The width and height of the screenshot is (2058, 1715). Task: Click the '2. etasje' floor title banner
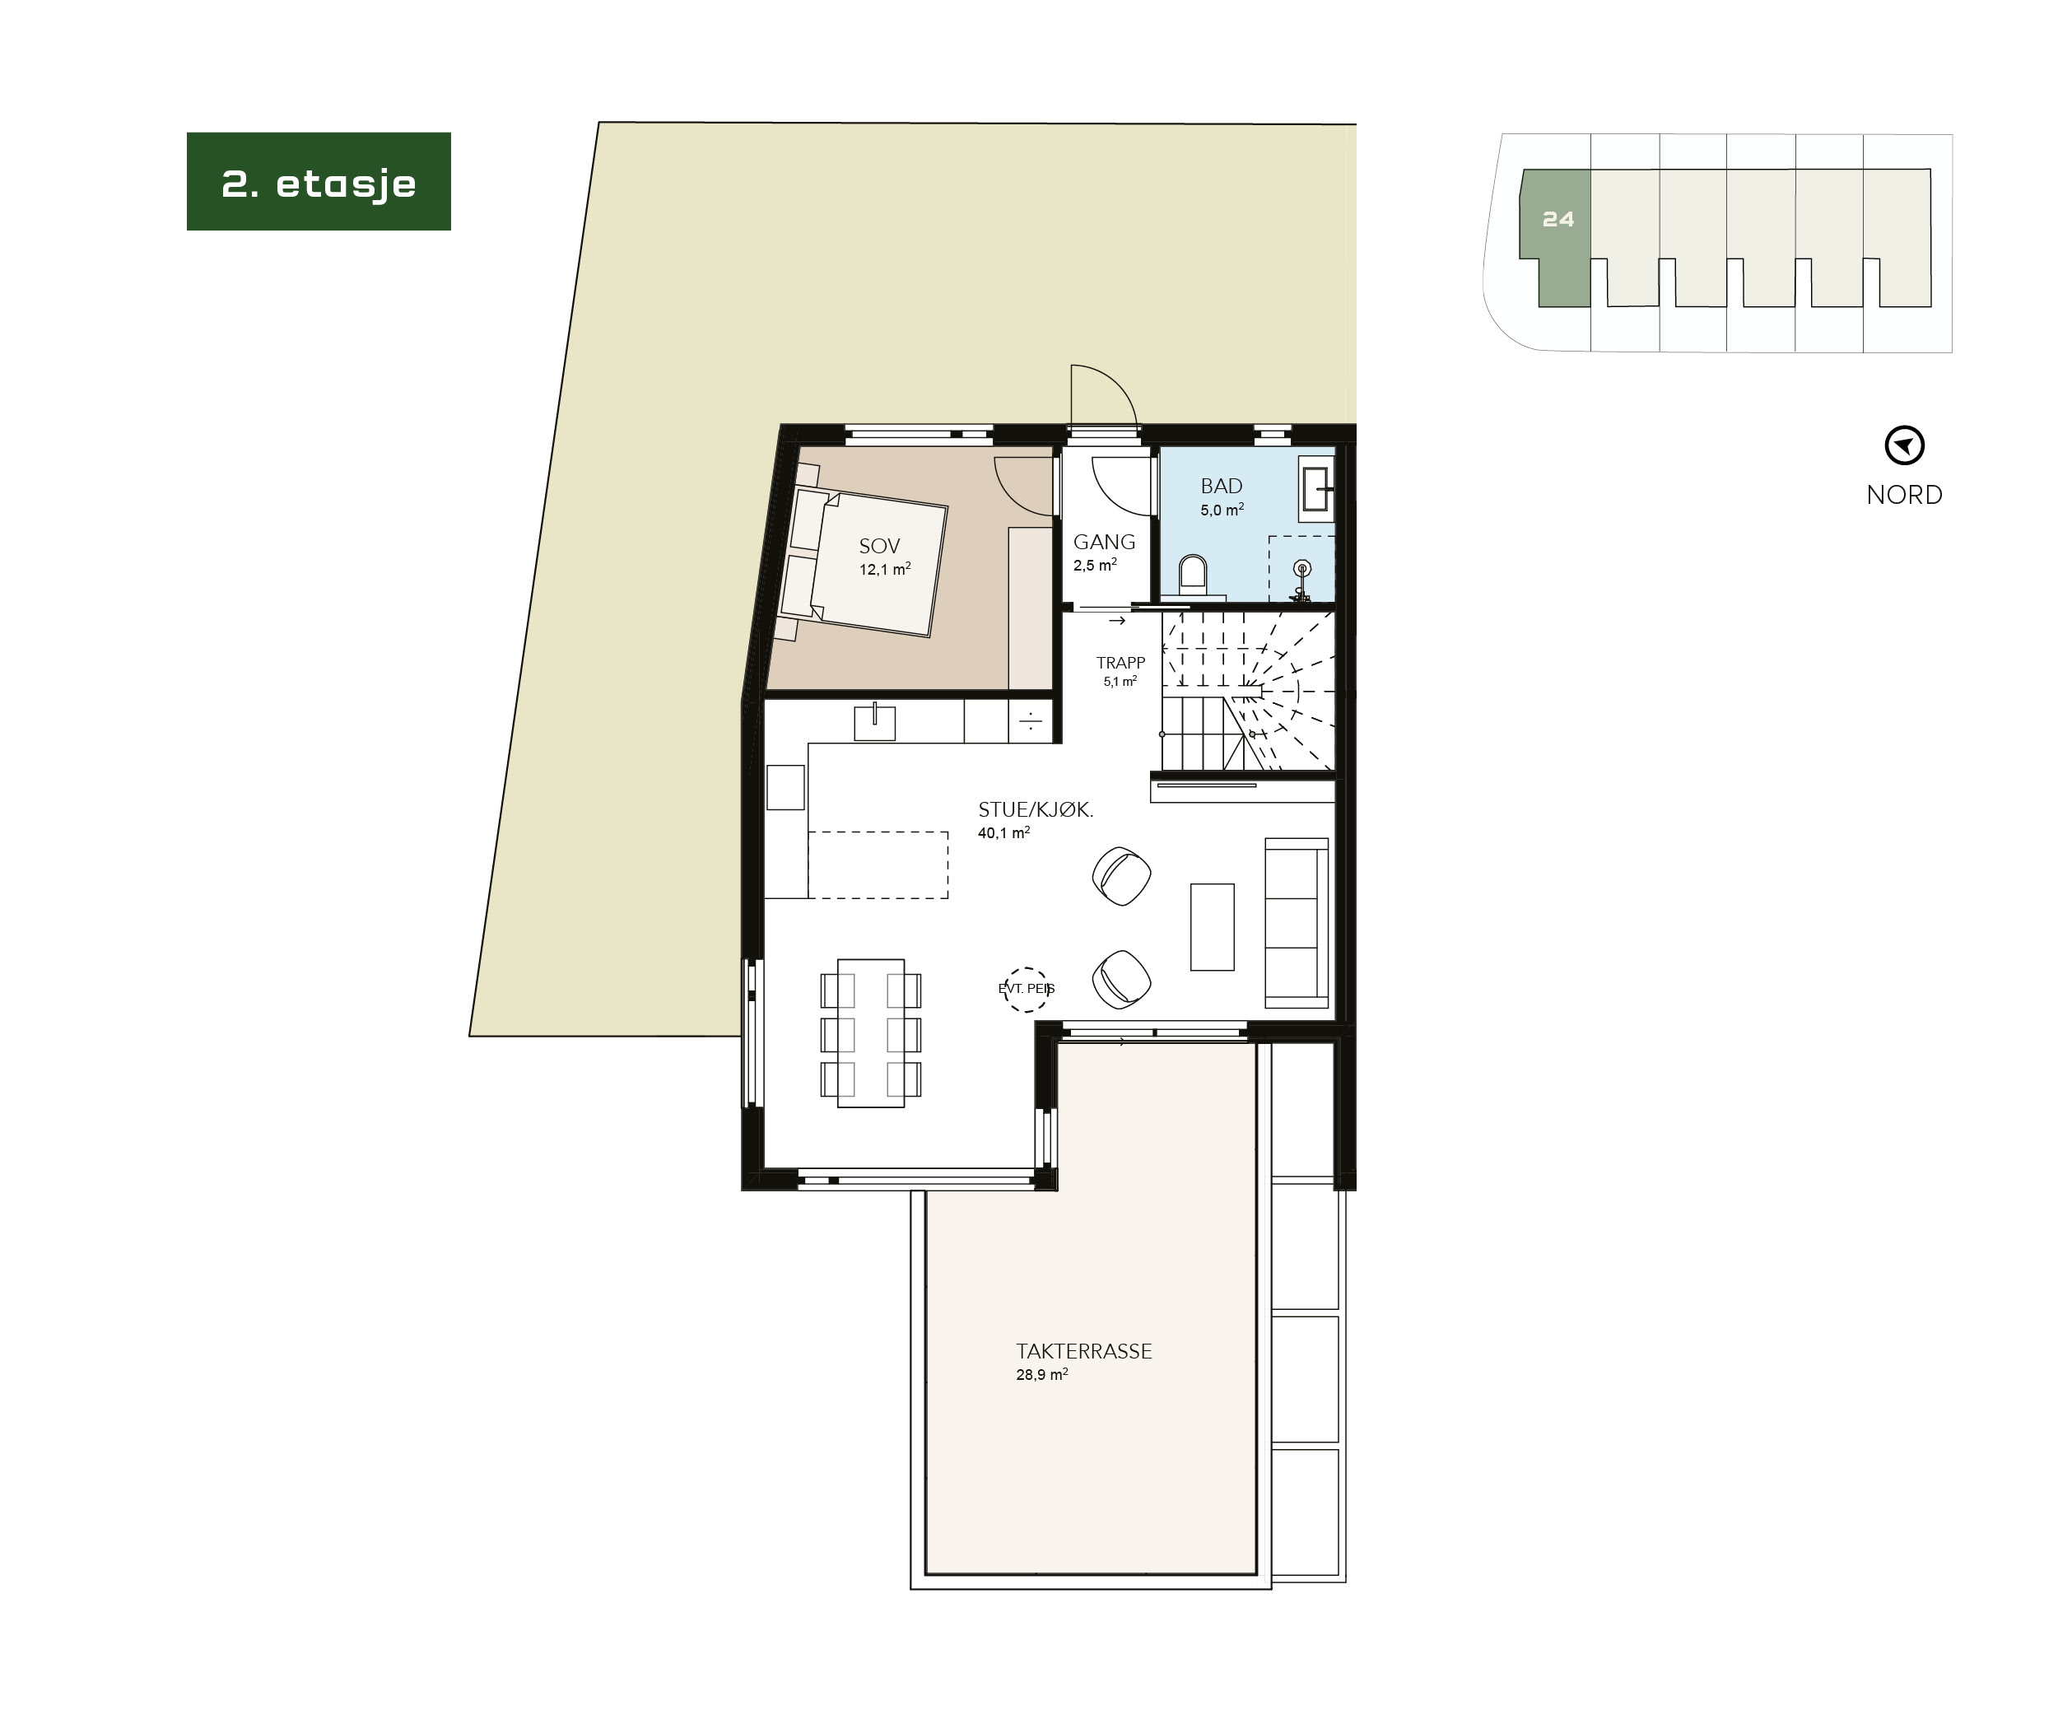319,182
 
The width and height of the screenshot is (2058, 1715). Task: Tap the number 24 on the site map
1557,220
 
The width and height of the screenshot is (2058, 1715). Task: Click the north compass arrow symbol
1904,446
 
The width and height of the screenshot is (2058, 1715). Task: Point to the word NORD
1903,495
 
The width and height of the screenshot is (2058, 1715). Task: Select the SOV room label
879,547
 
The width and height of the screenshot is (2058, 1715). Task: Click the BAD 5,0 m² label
1221,496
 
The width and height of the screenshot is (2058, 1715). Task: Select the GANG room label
1103,542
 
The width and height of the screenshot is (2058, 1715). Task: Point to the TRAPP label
1120,664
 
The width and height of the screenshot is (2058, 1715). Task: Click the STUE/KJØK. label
1035,810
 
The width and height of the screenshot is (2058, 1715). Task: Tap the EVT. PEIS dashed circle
1026,989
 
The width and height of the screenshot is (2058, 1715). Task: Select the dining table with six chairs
870,1033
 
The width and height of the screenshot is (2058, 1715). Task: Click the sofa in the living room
1296,922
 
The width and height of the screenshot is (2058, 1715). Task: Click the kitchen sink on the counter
874,723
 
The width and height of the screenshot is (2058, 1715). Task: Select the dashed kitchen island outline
878,864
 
